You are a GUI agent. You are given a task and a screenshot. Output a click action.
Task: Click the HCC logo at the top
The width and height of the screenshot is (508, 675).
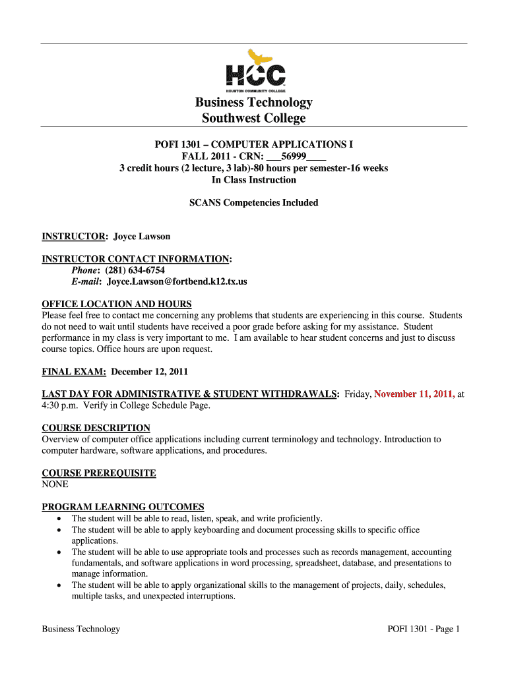tap(255, 74)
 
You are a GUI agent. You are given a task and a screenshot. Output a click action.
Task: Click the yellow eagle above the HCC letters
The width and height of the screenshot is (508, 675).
tap(260, 57)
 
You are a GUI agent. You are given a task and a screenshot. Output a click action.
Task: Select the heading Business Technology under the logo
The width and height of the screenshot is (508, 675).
tap(253, 103)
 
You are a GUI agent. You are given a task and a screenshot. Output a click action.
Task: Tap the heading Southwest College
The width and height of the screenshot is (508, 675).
tap(253, 119)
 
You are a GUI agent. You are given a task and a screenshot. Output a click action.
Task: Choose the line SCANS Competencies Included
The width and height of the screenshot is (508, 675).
tap(253, 203)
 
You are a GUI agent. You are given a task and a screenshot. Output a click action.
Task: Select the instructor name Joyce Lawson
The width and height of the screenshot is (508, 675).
tap(141, 237)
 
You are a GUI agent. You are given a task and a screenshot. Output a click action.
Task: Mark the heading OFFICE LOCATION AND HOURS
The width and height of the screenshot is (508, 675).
tap(117, 304)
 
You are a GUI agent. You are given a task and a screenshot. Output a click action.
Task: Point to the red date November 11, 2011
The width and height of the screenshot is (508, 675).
tap(414, 394)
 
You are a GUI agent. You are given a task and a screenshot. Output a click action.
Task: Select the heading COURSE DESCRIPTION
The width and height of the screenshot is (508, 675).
tap(96, 428)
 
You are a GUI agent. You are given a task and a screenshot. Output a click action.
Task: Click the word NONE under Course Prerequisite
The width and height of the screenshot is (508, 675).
tap(55, 484)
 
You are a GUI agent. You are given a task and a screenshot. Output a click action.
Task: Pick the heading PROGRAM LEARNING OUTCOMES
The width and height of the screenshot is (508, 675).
tap(123, 507)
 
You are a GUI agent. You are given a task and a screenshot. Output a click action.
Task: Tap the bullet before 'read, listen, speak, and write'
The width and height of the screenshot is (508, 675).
tap(59, 519)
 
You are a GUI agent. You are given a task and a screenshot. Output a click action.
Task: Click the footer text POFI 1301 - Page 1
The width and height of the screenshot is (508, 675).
tap(423, 629)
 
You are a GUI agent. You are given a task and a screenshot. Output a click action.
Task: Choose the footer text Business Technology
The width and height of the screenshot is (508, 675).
tap(81, 629)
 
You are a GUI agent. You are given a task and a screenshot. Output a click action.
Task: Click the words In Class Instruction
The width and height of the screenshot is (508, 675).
tap(253, 180)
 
